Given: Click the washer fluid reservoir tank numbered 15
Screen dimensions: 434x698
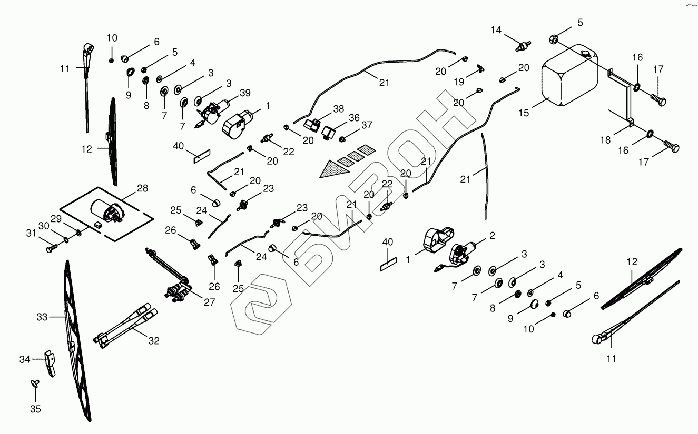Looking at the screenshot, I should (569, 76).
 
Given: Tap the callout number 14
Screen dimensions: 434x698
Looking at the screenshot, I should (497, 29).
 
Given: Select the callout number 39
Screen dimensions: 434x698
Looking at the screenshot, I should (245, 93).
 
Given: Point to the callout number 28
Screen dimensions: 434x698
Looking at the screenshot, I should (143, 188).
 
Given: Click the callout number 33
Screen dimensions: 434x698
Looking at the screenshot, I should (42, 317).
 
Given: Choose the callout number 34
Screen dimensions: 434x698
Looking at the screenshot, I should (25, 360).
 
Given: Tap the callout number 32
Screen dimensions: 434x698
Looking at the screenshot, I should (153, 340).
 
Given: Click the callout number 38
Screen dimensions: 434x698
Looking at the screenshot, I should (338, 109).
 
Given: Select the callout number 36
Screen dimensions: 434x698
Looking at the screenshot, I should (354, 118).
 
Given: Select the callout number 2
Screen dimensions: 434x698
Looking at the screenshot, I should (492, 236).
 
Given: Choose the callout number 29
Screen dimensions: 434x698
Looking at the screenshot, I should (56, 219).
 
